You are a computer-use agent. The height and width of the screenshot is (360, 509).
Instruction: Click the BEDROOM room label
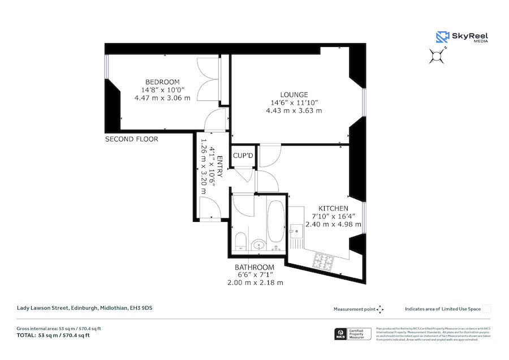(162, 82)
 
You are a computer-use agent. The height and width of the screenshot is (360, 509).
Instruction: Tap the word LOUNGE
(294, 95)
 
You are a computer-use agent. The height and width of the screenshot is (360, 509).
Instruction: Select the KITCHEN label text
(333, 208)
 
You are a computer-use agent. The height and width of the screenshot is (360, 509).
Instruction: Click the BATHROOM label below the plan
(255, 267)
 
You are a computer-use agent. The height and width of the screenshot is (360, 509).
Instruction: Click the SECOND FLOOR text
(132, 139)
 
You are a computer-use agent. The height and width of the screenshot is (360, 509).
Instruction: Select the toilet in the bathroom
(240, 242)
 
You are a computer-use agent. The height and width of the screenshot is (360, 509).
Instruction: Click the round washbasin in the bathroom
(259, 245)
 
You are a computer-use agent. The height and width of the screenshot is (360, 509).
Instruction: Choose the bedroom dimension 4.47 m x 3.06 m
(162, 97)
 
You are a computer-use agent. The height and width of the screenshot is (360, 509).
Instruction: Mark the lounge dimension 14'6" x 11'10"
(294, 102)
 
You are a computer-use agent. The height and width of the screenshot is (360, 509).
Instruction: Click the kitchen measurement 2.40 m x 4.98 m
(333, 224)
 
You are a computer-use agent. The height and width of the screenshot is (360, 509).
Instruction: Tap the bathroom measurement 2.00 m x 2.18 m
(255, 282)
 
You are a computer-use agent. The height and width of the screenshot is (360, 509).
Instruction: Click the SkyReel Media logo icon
(442, 37)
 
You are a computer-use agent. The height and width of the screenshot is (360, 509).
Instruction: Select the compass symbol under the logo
(437, 55)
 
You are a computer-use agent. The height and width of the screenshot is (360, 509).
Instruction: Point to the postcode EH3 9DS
(141, 308)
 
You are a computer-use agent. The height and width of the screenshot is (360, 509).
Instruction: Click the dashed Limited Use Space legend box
(486, 308)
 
